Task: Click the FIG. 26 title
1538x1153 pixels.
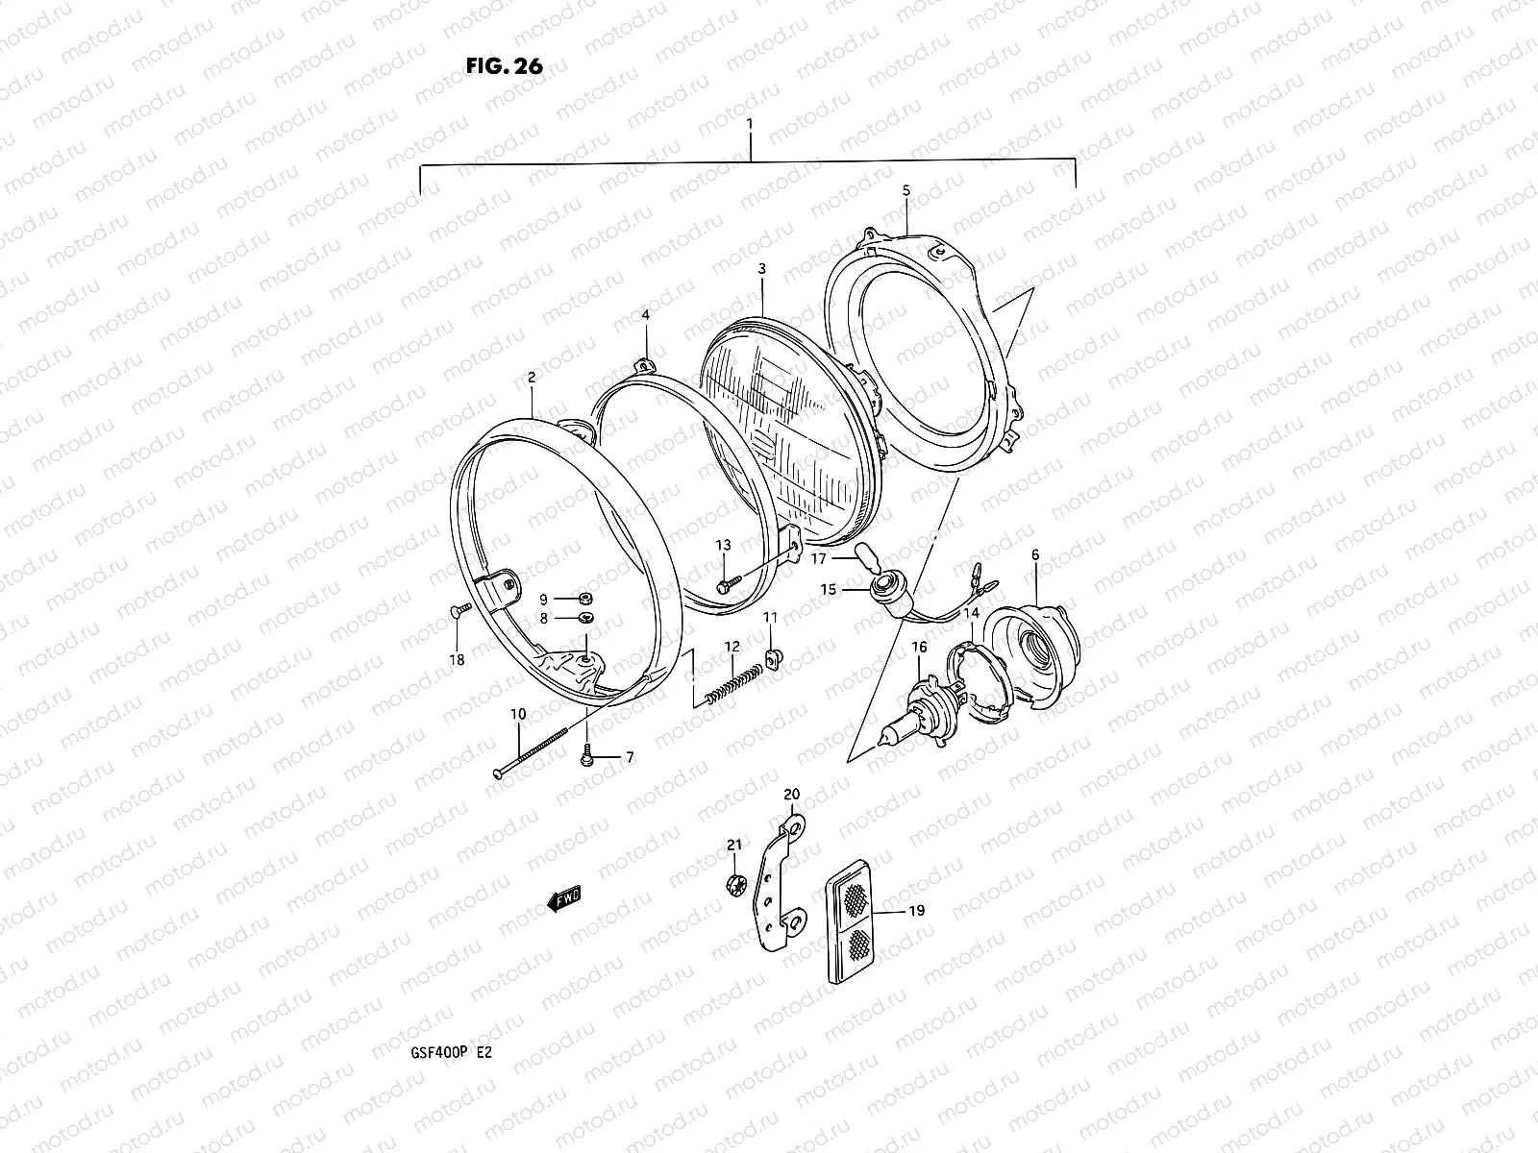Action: pos(505,66)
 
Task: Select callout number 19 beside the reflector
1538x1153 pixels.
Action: pos(916,909)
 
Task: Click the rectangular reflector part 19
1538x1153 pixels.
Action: pos(854,925)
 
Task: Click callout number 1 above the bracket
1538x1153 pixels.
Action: pos(751,124)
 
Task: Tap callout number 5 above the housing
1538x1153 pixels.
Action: pos(905,190)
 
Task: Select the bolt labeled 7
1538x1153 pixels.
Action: pos(586,759)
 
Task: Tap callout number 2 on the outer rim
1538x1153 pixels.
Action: pos(532,379)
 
